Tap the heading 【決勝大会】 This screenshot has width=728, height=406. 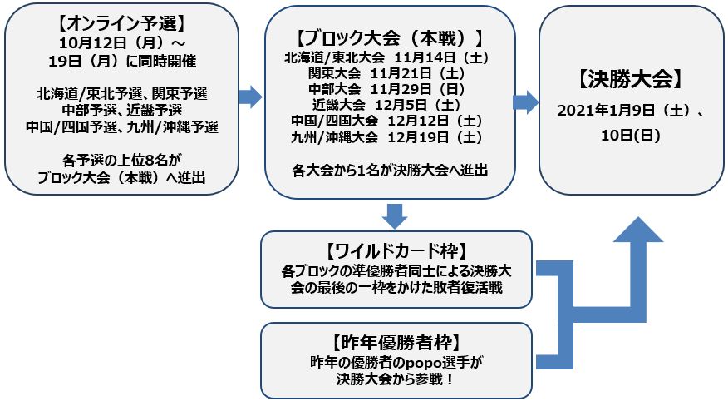click(x=630, y=80)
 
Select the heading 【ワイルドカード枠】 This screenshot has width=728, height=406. click(x=396, y=250)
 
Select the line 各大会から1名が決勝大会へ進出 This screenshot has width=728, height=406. click(x=389, y=170)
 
